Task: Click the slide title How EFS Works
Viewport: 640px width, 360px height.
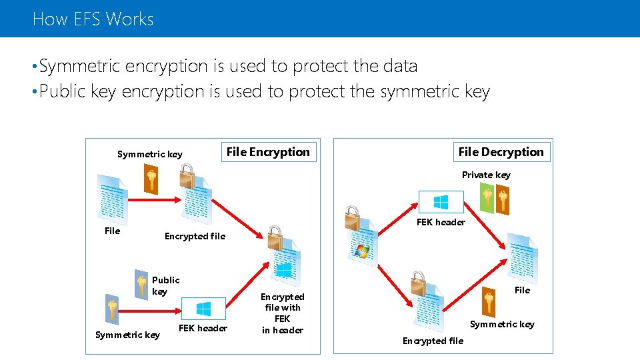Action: pyautogui.click(x=93, y=19)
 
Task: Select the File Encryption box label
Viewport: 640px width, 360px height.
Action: pyautogui.click(x=268, y=152)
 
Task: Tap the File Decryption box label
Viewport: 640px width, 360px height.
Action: pyautogui.click(x=501, y=152)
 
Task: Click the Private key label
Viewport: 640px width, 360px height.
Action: pyautogui.click(x=486, y=175)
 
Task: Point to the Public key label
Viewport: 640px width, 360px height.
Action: pyautogui.click(x=165, y=285)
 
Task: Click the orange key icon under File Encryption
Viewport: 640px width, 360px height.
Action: pyautogui.click(x=152, y=179)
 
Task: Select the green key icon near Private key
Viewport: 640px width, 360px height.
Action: pyautogui.click(x=487, y=198)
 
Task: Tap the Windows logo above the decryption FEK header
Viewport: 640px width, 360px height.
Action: pyautogui.click(x=441, y=202)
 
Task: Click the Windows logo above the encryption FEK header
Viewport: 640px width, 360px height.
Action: pyautogui.click(x=203, y=309)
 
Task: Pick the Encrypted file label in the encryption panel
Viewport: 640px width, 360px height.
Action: pyautogui.click(x=195, y=236)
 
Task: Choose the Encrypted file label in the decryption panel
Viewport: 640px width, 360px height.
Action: pyautogui.click(x=433, y=341)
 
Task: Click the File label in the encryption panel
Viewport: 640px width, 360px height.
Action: pyautogui.click(x=113, y=231)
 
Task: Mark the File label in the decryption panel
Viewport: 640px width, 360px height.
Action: pyautogui.click(x=523, y=290)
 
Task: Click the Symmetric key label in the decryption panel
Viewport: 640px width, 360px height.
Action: pyautogui.click(x=502, y=324)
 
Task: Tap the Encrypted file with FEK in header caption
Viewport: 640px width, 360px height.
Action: pyautogui.click(x=282, y=313)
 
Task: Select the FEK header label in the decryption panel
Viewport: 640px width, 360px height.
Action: pyautogui.click(x=441, y=222)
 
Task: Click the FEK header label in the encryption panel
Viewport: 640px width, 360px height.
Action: pyautogui.click(x=203, y=328)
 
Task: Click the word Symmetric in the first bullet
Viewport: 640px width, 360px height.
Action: pyautogui.click(x=80, y=66)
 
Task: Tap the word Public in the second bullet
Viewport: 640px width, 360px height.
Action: pyautogui.click(x=62, y=91)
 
